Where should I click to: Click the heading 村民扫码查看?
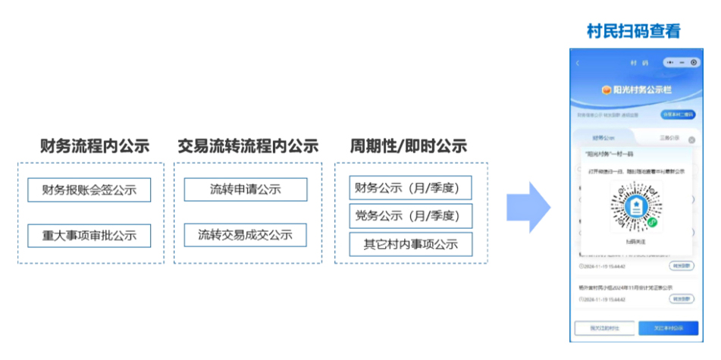(634, 31)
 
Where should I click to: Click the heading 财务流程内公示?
(94, 146)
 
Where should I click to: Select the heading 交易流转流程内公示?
(248, 146)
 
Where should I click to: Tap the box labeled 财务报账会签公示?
(89, 189)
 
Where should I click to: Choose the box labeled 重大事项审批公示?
(89, 235)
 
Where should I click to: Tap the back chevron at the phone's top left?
(578, 62)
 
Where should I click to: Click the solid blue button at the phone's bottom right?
(667, 328)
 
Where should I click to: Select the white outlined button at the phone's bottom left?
(604, 328)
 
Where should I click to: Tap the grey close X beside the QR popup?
(691, 140)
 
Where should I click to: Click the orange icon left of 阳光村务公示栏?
(607, 89)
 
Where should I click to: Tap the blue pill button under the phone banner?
(678, 114)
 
